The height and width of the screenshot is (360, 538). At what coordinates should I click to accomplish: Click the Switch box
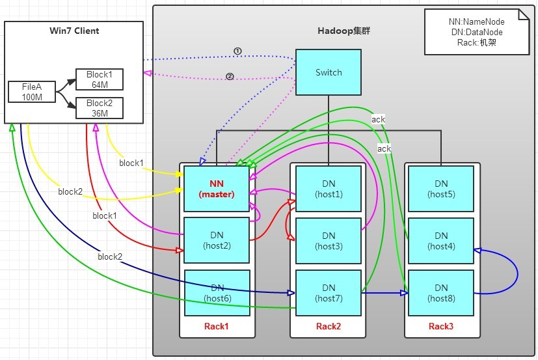point(329,72)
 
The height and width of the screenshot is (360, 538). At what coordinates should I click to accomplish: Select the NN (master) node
point(217,189)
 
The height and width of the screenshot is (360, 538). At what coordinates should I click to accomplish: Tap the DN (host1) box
point(329,189)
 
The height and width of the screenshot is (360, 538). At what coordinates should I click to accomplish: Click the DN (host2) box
point(217,240)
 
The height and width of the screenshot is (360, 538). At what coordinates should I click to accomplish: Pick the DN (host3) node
point(329,240)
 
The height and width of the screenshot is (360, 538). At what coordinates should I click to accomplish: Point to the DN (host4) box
point(441,240)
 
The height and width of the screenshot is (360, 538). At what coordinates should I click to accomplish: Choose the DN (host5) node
point(441,189)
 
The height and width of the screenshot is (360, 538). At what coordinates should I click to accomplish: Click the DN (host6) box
point(217,292)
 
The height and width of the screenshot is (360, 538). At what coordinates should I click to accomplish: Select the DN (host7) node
point(329,292)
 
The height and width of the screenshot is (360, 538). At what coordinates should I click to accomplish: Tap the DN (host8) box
point(441,292)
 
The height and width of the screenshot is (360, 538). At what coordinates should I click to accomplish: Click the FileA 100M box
point(31,92)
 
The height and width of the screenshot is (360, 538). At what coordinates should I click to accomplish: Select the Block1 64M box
point(99,79)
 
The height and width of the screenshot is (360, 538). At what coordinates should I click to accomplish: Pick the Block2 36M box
point(99,108)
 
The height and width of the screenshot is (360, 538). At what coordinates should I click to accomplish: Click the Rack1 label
point(217,325)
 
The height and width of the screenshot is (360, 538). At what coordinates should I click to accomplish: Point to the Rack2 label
point(329,325)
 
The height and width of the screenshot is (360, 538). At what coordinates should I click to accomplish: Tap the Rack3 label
point(441,325)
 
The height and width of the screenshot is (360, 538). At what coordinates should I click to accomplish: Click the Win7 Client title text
point(74,31)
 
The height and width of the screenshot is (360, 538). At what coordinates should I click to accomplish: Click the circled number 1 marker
point(237,51)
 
